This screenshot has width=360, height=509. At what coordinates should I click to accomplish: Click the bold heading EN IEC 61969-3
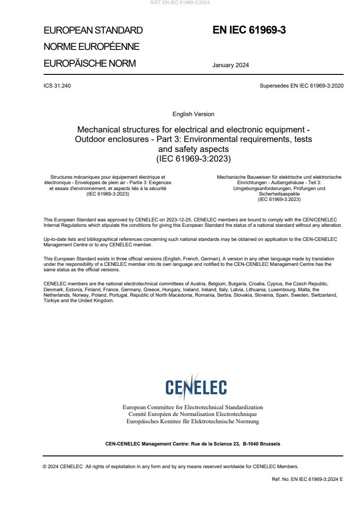[249, 30]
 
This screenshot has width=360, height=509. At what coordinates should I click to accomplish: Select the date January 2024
[230, 65]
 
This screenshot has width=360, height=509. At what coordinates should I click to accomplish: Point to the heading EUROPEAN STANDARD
[93, 31]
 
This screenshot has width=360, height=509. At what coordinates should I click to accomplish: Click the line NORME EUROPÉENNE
[91, 47]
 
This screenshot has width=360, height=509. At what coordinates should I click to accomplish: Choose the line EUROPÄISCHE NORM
[89, 64]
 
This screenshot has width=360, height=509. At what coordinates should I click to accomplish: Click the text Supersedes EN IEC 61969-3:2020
[301, 86]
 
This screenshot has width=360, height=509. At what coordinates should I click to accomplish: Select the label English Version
[193, 114]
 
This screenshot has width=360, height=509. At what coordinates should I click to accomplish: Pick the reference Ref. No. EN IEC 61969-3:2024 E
[307, 479]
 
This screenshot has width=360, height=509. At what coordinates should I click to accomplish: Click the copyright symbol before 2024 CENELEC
[44, 466]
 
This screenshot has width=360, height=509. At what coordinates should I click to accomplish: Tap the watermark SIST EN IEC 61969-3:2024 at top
[180, 2]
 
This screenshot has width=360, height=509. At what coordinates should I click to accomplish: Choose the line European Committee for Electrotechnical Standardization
[192, 407]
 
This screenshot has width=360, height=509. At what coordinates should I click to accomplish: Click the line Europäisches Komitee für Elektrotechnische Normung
[192, 421]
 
